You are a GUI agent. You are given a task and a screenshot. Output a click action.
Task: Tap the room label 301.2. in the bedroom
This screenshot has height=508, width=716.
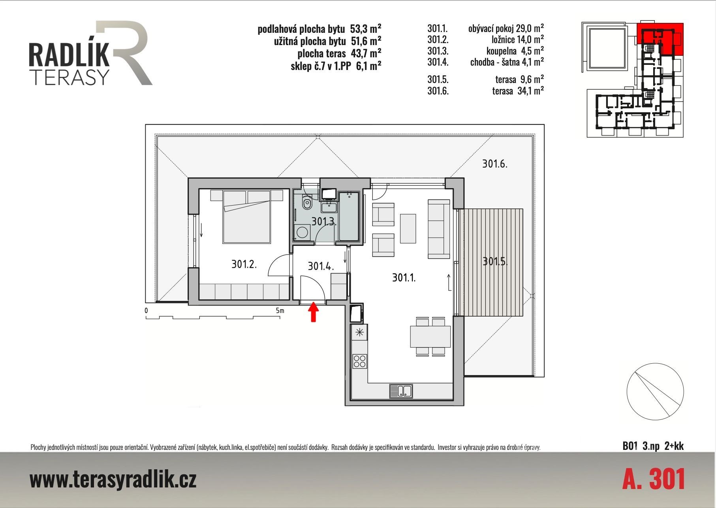coord(244,264)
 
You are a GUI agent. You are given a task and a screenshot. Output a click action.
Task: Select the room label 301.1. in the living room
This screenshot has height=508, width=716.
coord(404,278)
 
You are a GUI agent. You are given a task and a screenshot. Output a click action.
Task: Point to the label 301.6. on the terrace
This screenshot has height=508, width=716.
coord(494,163)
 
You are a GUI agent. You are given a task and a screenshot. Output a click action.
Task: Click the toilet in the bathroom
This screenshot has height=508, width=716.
coord(306,203)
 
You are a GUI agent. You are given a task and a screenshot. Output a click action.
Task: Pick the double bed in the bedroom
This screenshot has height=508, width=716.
coord(247,216)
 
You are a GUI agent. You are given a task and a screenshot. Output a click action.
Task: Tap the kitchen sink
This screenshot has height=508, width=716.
coord(401,391)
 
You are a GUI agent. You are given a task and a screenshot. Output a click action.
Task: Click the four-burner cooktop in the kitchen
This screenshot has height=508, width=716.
coord(360,361)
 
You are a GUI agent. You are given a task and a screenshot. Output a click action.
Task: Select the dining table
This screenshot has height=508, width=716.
coord(430,336)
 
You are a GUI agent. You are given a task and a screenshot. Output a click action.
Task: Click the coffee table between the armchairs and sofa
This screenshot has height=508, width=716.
coord(408,229)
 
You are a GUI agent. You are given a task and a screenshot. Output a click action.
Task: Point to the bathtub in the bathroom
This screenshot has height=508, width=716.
coord(349,216)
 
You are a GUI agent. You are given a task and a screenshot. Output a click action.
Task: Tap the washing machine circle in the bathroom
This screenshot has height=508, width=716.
coord(303,232)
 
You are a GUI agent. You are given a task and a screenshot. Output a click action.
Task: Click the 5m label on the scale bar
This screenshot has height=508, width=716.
coord(280,311)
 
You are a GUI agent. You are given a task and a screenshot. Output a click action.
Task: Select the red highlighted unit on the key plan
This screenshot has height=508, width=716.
coord(660,39)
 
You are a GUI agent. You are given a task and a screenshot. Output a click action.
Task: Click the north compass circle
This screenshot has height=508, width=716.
coord(655,391)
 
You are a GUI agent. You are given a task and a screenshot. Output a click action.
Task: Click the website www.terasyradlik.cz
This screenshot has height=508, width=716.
coord(113,480)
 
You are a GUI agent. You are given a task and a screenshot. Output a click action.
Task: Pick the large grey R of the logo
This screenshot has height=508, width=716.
coord(124,52)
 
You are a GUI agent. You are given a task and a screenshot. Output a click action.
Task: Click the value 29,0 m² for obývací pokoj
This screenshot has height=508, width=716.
coord(530,28)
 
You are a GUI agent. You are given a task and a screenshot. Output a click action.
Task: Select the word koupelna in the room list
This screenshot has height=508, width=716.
coord(501,51)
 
